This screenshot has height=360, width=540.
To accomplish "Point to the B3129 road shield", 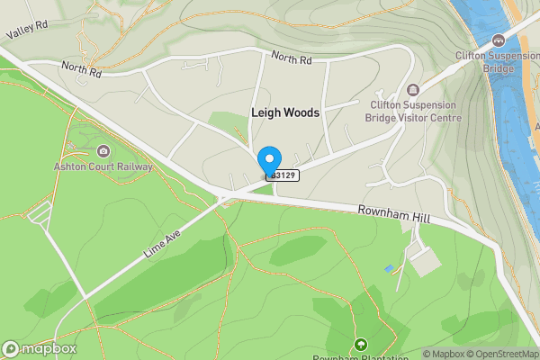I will [283, 175].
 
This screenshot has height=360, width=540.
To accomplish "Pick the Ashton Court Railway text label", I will [105, 166].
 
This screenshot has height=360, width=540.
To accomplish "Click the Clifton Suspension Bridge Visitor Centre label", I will [413, 111].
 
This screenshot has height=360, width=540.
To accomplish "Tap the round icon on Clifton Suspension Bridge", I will [499, 40].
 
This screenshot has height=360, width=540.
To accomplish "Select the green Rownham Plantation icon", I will [361, 344].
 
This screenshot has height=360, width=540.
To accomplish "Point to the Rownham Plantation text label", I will [360, 357].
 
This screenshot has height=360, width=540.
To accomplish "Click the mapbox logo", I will [40, 348].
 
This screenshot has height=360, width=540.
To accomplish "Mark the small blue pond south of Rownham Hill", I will [388, 268].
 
